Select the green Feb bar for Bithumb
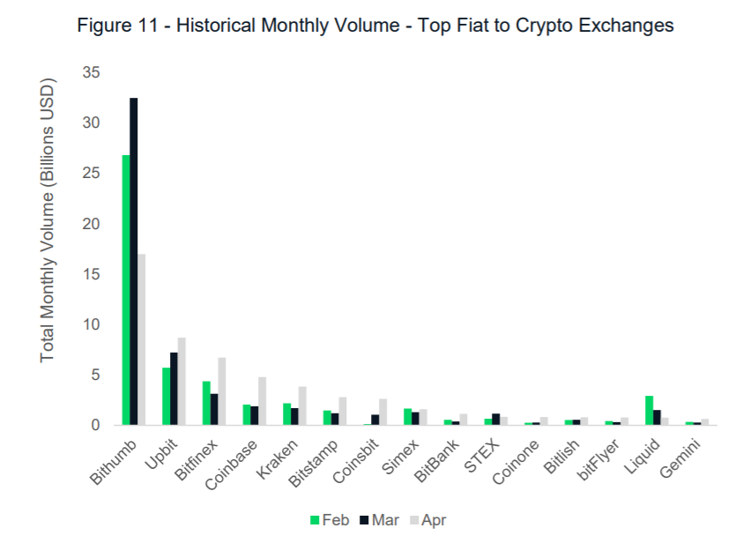pos(126,290)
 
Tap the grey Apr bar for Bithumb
pos(142,339)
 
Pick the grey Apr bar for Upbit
pos(182,382)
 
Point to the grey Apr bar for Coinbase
pos(262,401)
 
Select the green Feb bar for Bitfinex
pos(206,403)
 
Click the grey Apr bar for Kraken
pos(302,406)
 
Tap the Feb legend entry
pos(330,520)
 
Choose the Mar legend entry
pos(378,520)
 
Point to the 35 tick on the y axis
pos(91,72)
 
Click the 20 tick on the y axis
pos(91,224)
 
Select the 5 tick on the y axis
pos(95,376)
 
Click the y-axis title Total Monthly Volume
pos(48,220)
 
